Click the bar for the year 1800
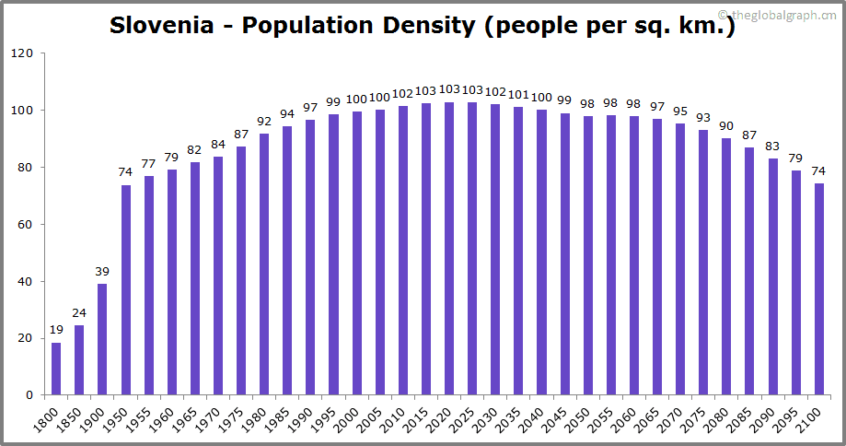pyautogui.click(x=56, y=369)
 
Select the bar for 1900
pyautogui.click(x=102, y=339)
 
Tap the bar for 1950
pyautogui.click(x=126, y=289)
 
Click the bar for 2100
pyautogui.click(x=818, y=289)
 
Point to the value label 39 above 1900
pyautogui.click(x=102, y=272)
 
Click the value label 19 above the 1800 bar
pyautogui.click(x=56, y=330)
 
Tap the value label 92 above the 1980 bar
pyautogui.click(x=264, y=121)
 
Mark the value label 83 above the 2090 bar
pyautogui.click(x=772, y=147)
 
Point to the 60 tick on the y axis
pyautogui.click(x=25, y=225)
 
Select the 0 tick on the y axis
pyautogui.click(x=29, y=395)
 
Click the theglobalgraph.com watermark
pyautogui.click(x=784, y=14)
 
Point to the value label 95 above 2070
pyautogui.click(x=680, y=112)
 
